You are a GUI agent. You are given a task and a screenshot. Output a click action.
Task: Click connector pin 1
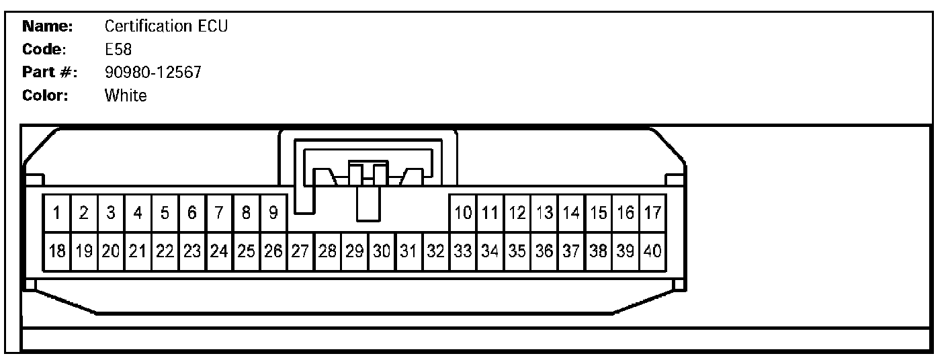coord(57,214)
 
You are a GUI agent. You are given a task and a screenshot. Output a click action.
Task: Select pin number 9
coord(273,214)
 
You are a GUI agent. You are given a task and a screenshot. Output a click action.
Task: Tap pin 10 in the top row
coord(462,214)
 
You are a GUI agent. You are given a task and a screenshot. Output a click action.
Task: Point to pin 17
coord(652,214)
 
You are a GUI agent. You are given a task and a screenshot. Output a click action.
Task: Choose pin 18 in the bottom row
coord(57,252)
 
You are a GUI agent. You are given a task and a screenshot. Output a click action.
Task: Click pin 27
coord(300,252)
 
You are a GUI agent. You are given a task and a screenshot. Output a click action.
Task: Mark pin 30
coord(382,252)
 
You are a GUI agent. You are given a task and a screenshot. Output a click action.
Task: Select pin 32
coord(436,252)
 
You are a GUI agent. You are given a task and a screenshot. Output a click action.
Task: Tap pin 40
coord(652,252)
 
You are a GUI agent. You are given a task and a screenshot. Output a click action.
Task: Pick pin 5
coord(165,214)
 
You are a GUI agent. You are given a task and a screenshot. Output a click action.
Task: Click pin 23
coord(192,252)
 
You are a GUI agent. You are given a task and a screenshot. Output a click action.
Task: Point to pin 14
coord(571,214)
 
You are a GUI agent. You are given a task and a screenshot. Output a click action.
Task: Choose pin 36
coord(544,252)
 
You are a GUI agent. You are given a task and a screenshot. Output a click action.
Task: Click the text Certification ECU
coord(166,27)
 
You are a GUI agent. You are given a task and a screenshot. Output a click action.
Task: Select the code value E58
coord(117,50)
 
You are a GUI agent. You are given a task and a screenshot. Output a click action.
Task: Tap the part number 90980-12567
coord(153,73)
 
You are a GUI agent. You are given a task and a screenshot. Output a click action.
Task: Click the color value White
coord(126,95)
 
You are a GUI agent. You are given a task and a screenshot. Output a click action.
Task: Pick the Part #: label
coord(50,73)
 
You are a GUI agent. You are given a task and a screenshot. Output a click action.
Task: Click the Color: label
coord(46,95)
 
